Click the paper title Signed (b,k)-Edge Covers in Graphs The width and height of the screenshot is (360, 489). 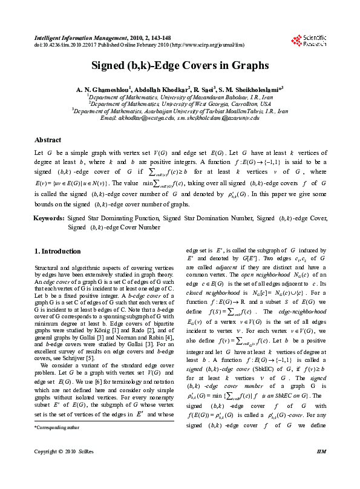coord(180,65)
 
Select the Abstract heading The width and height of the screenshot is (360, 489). coord(48,140)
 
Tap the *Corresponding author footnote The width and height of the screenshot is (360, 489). coord(58,444)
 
